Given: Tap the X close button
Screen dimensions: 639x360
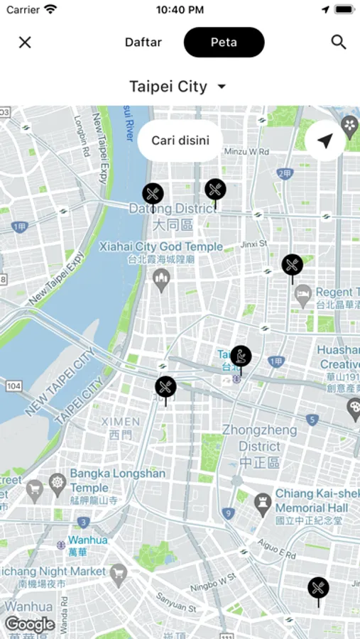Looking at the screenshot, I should click(x=25, y=43).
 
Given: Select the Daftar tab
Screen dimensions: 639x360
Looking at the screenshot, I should click(x=143, y=43).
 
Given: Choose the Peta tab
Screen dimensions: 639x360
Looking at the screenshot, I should click(x=224, y=43).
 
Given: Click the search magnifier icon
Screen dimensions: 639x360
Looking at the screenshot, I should click(x=339, y=43).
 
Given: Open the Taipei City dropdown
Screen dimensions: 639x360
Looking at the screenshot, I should click(x=178, y=87).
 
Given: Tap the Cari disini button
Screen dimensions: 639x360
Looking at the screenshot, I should click(x=180, y=141).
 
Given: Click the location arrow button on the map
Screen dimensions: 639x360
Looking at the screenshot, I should click(x=325, y=141).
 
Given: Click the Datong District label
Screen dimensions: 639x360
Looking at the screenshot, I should click(x=171, y=209).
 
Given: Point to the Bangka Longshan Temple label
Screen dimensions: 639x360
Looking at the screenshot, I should click(x=117, y=481).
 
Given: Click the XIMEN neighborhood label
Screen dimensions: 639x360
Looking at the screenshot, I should click(x=120, y=422).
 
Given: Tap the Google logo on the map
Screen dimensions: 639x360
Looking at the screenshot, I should click(x=30, y=625).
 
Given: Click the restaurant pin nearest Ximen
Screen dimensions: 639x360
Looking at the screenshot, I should click(x=165, y=388).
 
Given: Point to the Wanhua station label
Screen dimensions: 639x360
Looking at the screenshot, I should click(x=88, y=540).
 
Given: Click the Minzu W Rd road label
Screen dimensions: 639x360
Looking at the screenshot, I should click(x=246, y=151).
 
